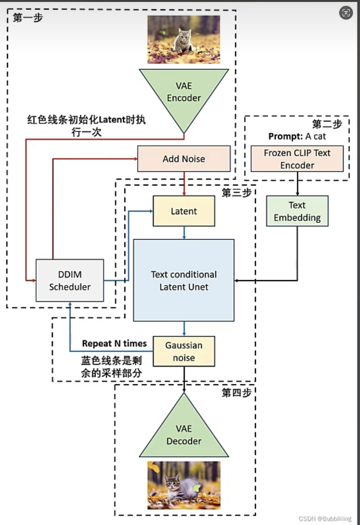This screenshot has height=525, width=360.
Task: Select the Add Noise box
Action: [x=184, y=159]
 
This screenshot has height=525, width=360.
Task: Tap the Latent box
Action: [x=184, y=211]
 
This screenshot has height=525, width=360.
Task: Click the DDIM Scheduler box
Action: [x=70, y=281]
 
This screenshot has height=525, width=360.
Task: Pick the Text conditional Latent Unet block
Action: [x=184, y=281]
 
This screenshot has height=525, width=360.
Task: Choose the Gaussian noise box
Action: [x=184, y=351]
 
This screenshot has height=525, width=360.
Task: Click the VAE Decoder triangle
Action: [x=184, y=432]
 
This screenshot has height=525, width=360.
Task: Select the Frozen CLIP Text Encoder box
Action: [x=297, y=159]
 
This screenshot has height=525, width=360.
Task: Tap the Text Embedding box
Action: [x=297, y=211]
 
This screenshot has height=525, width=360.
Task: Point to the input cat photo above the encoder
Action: [x=184, y=40]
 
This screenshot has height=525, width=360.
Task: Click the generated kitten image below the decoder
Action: [x=184, y=485]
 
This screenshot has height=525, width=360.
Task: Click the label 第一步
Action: [x=28, y=18]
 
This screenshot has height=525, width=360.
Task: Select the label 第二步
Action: [x=327, y=124]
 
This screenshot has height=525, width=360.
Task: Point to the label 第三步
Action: [x=236, y=193]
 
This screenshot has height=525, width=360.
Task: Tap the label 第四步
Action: [x=236, y=392]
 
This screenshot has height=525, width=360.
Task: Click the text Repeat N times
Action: [x=115, y=343]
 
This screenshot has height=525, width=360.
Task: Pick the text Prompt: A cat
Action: [x=297, y=136]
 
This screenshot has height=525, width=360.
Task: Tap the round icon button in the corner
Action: [x=346, y=12]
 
